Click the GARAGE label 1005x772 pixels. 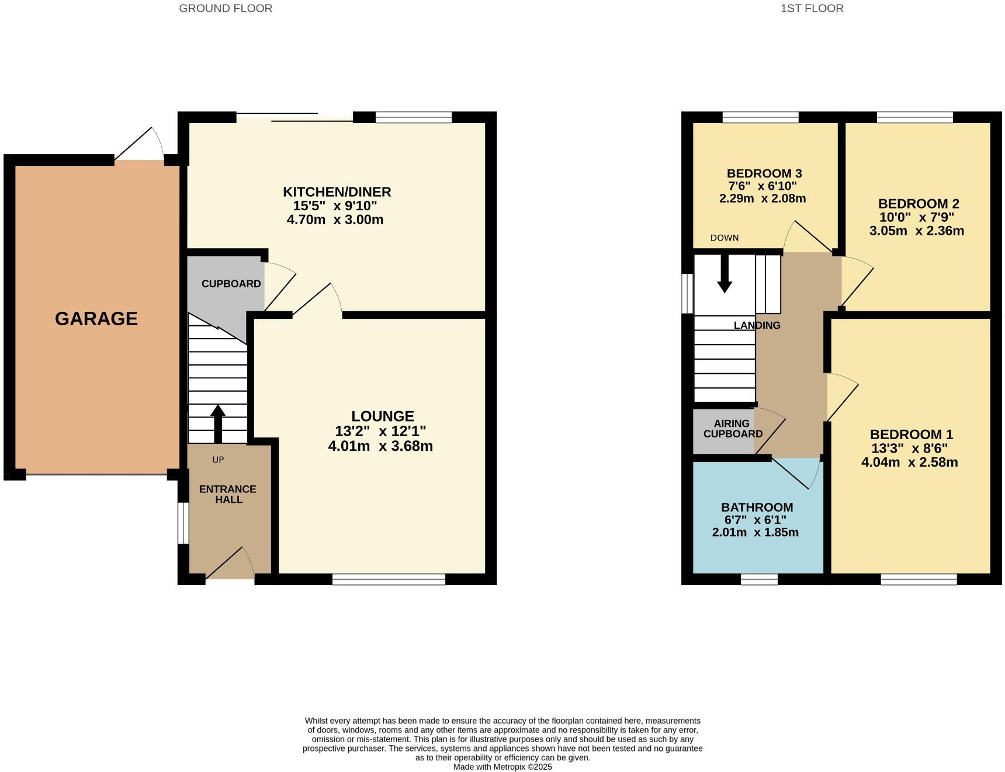tap(96, 318)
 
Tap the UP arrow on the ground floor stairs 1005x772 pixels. tap(218, 423)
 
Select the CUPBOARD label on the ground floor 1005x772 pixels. tap(231, 284)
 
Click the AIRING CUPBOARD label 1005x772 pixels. tap(733, 429)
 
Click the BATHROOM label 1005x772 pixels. tap(757, 507)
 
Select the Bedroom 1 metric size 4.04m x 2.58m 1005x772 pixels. tap(909, 462)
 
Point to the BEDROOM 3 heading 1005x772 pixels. tap(764, 173)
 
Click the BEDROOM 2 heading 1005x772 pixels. tap(919, 204)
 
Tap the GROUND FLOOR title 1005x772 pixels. tap(226, 8)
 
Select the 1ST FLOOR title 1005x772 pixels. tap(812, 8)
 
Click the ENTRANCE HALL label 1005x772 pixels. tap(228, 494)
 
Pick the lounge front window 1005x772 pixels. tap(389, 579)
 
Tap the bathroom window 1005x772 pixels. tap(759, 579)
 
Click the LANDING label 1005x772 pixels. tap(757, 325)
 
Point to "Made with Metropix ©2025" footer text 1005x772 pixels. tap(503, 767)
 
